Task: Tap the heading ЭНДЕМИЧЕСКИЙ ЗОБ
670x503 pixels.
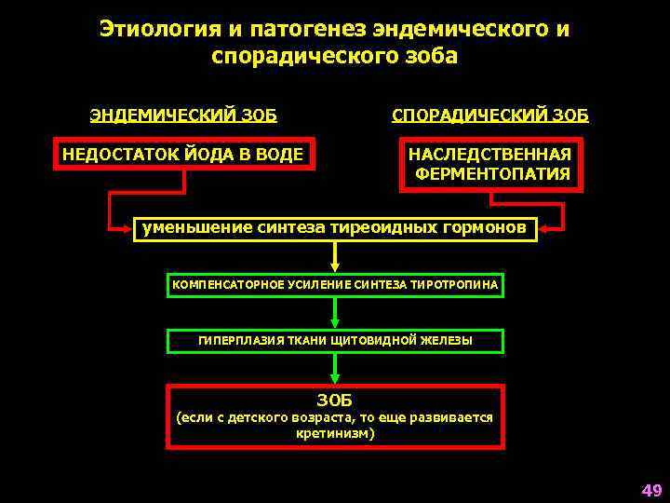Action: tap(183, 116)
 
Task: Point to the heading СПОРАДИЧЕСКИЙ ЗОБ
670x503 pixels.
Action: tap(490, 116)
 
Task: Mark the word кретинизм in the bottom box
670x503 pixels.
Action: tap(333, 434)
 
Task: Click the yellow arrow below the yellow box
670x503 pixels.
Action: tap(335, 257)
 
